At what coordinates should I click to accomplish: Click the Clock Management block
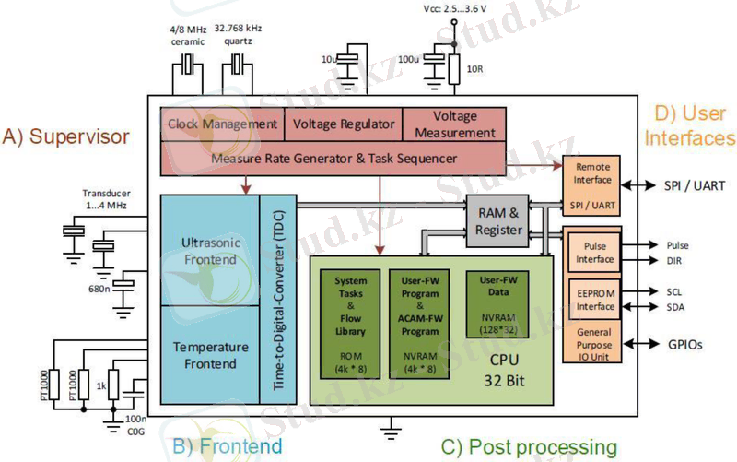(222, 124)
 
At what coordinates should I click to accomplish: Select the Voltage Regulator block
(343, 124)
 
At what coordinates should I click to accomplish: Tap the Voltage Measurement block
(453, 124)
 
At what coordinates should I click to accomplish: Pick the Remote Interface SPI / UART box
(591, 186)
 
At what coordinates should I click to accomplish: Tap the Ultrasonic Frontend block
(210, 250)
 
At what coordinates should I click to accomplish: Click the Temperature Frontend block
(210, 356)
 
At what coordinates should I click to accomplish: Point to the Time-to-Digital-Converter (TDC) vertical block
(276, 299)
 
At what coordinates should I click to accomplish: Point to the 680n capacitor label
(98, 289)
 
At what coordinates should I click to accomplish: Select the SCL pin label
(676, 290)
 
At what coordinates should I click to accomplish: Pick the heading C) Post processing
(529, 448)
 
